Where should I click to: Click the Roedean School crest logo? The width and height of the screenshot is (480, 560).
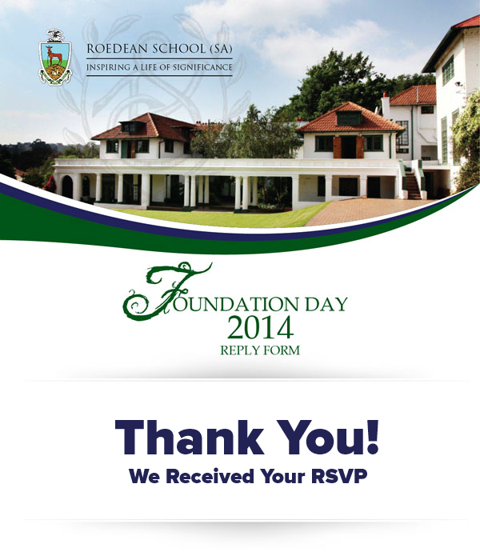tap(55, 57)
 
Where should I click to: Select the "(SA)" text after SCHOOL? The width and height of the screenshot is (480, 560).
tap(221, 49)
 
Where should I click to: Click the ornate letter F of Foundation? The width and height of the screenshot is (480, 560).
tap(167, 291)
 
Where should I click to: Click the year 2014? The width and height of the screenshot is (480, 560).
tap(260, 328)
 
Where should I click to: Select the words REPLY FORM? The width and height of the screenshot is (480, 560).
tap(260, 350)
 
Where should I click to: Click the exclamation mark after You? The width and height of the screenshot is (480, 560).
tap(373, 437)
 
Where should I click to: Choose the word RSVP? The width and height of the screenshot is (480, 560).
tap(339, 476)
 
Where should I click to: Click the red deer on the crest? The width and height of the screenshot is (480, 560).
tap(54, 54)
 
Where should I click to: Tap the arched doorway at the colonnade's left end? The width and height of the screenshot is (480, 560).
tap(67, 186)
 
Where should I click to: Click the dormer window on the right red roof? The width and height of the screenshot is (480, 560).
tap(349, 118)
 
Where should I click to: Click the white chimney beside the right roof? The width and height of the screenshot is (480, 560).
tap(386, 106)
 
